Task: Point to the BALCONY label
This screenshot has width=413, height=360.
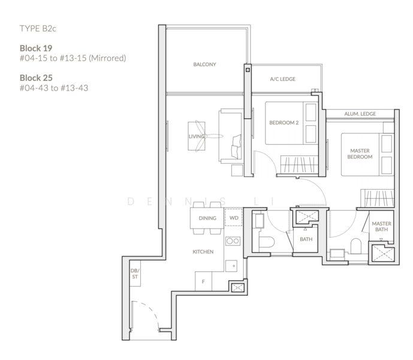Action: [204, 64]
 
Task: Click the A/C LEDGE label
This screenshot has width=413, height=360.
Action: [282, 79]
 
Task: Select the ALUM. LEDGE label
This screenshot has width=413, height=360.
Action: [360, 113]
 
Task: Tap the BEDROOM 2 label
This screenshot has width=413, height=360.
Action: [284, 122]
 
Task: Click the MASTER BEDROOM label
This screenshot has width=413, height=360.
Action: [360, 153]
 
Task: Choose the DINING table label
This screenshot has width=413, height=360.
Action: [207, 219]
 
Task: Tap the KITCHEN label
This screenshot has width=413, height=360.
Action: [203, 252]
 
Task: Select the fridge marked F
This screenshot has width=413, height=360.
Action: [204, 281]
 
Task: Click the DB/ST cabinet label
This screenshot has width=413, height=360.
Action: [135, 274]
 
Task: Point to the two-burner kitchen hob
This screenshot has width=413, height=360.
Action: [233, 241]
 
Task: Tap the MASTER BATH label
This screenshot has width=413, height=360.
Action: [381, 226]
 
